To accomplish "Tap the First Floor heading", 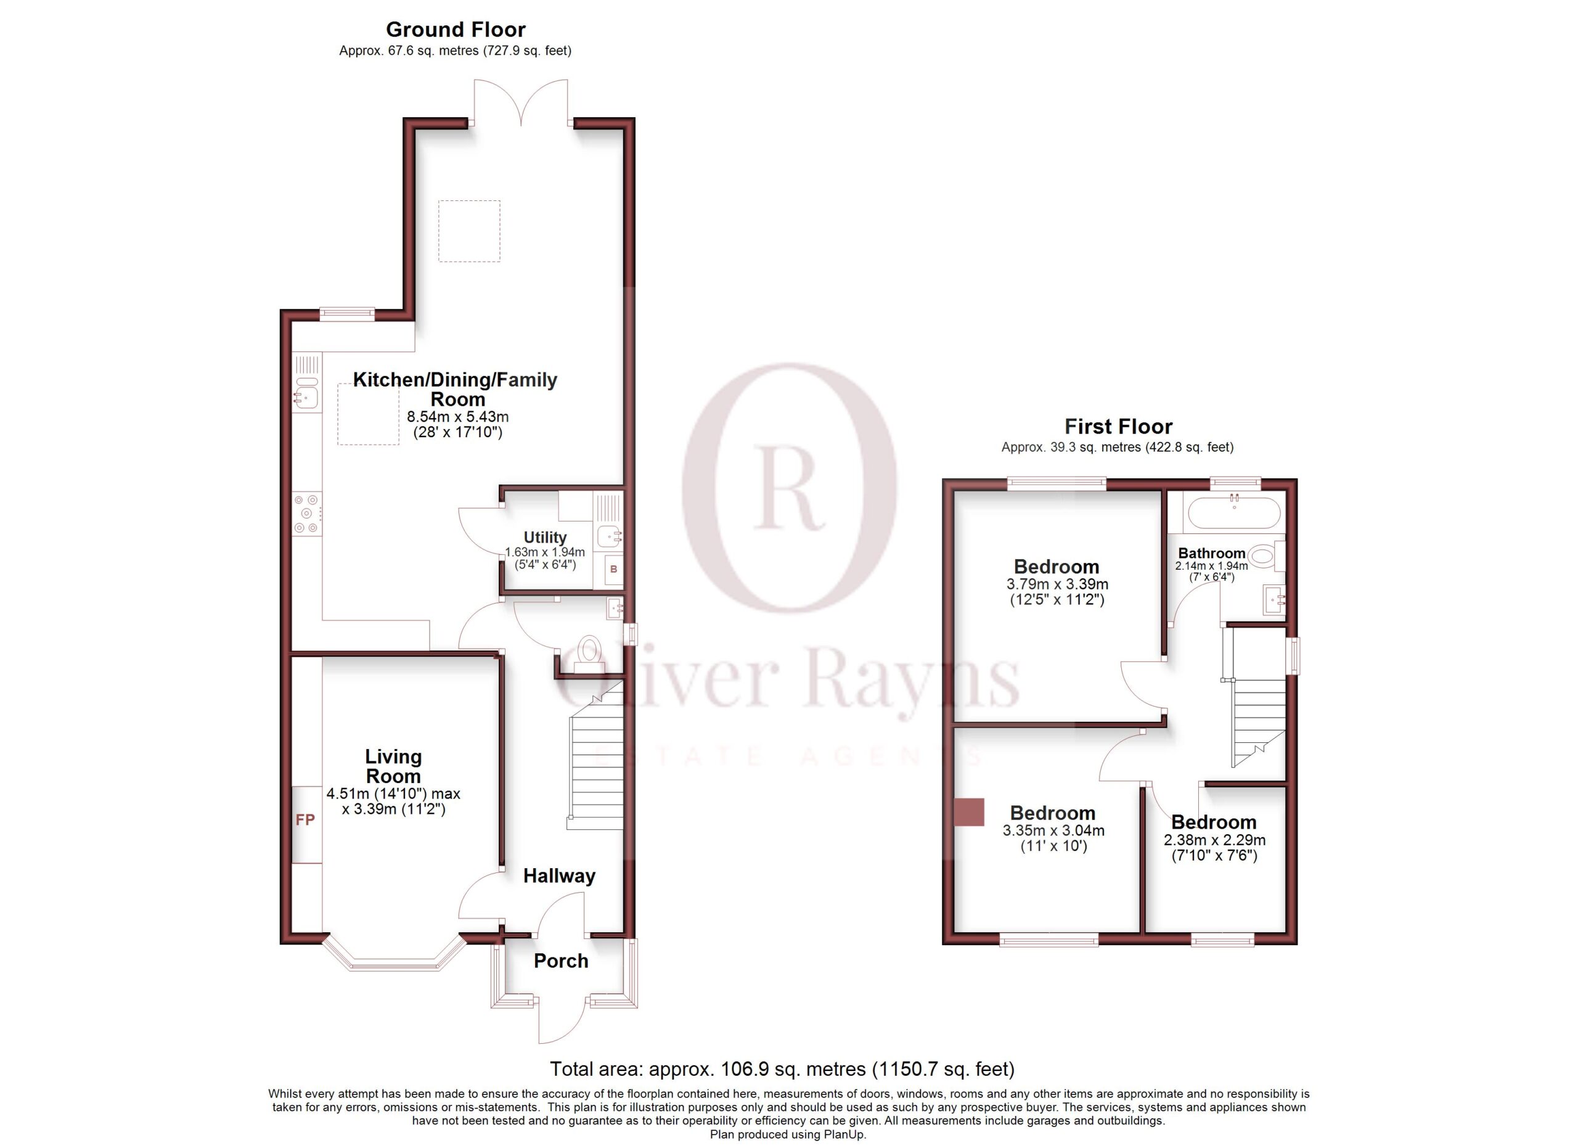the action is (1118, 426).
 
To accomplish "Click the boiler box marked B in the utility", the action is (614, 569).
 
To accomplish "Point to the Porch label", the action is (561, 961).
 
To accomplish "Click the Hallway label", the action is (560, 876).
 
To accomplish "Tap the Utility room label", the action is (545, 537).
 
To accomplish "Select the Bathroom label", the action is (1211, 553).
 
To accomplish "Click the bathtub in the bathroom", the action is (1233, 514).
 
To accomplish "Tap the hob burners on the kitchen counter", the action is (307, 514).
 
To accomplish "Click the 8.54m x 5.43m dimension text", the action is (458, 417).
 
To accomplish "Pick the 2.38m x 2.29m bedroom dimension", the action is (1215, 840).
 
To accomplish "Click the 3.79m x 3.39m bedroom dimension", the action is (1058, 584).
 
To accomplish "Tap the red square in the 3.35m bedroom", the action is (968, 812).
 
